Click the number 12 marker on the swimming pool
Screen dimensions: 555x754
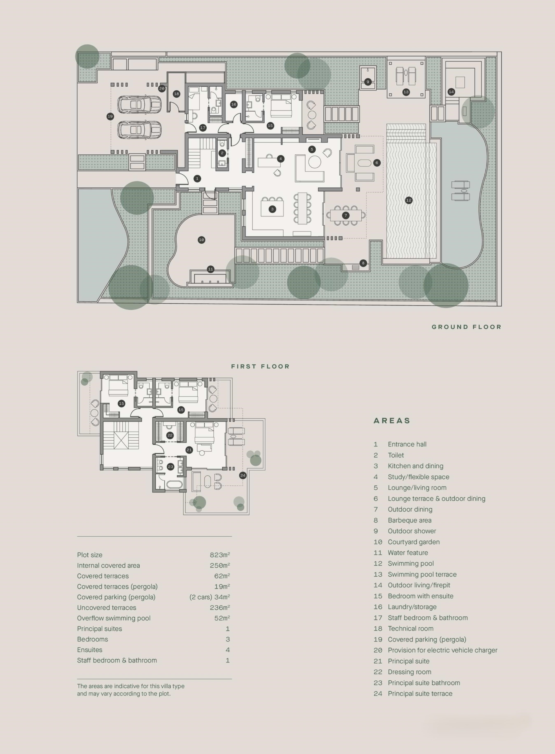pos(409,200)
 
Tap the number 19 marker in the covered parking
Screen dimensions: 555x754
pos(110,117)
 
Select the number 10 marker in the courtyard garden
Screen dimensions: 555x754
pos(202,240)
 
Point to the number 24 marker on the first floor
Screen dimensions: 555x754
pos(243,475)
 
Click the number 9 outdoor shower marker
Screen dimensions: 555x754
pos(368,82)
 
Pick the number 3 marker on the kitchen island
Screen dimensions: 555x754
pos(272,209)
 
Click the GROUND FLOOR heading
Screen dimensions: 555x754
pos(466,327)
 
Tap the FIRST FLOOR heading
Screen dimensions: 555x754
pos(260,366)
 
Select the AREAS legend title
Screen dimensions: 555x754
pos(392,421)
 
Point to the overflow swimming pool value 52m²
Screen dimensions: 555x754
pos(222,618)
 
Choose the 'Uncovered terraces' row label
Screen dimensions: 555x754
pos(106,608)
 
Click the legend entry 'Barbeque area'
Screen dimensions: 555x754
pos(409,520)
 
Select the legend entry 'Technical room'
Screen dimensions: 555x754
pos(411,629)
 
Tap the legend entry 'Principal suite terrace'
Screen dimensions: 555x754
pos(420,694)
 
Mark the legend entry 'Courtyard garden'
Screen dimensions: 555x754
pos(414,542)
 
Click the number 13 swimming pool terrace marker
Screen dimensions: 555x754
pos(406,92)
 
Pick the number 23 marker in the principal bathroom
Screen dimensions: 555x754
pos(170,467)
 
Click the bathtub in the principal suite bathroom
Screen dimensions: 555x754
pos(174,485)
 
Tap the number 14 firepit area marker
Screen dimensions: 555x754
pos(451,92)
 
